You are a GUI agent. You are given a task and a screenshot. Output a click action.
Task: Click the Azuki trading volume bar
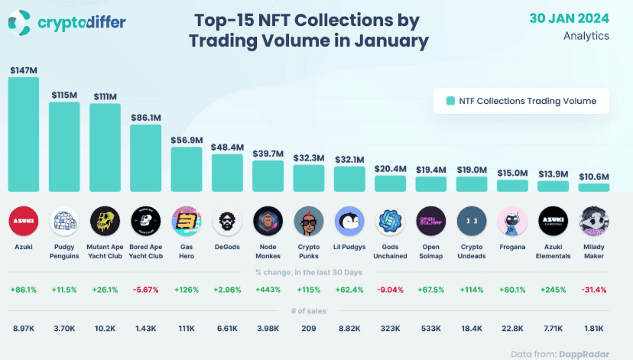point(24,134)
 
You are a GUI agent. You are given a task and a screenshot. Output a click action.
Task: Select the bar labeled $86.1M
point(146,157)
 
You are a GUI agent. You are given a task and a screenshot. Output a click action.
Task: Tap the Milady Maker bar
point(594,187)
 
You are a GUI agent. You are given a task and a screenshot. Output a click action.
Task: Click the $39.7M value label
point(268,154)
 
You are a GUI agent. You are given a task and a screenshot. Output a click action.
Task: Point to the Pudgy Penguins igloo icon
point(64,222)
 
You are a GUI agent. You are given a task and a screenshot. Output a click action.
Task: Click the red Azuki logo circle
point(24,222)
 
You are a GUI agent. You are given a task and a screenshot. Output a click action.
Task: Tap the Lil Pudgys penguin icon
point(349,222)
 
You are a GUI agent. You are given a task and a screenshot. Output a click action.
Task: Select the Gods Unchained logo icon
point(390,222)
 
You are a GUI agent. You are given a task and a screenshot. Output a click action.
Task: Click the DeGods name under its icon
point(227,247)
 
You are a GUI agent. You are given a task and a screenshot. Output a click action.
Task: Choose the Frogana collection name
point(512,247)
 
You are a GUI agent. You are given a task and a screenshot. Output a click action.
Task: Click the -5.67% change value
point(146,290)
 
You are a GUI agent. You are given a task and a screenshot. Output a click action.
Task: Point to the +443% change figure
point(268,290)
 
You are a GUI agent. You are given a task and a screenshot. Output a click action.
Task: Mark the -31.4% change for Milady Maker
point(594,290)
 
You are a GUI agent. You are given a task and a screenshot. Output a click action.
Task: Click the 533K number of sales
point(430,328)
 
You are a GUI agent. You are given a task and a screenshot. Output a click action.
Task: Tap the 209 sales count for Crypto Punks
point(309,328)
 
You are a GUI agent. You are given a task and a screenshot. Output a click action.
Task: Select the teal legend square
point(451,100)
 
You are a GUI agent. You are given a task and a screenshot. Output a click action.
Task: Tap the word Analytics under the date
point(586,35)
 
